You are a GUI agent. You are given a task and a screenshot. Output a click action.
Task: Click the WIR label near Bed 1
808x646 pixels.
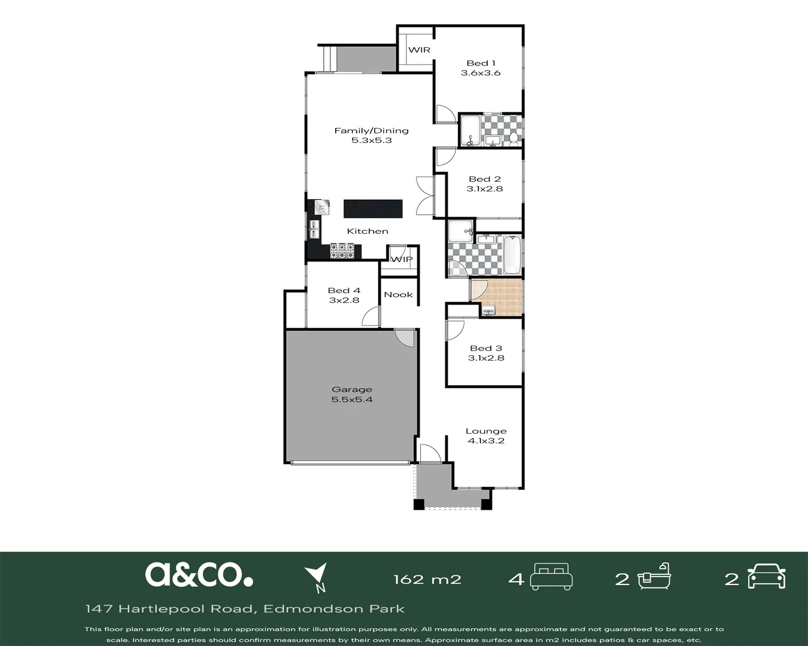(x=419, y=50)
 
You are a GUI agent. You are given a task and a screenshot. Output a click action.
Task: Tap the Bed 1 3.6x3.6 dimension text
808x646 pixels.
(x=481, y=73)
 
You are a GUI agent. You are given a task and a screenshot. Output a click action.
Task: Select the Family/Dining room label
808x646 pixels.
(x=371, y=130)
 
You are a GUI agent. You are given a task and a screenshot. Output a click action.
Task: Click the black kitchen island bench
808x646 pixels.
(x=373, y=209)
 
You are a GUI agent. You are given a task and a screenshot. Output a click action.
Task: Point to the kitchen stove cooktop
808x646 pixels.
(x=342, y=251)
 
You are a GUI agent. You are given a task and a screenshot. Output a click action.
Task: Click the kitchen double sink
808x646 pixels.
(x=314, y=229)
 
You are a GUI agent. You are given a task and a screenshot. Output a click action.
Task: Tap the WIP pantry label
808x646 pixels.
(x=402, y=260)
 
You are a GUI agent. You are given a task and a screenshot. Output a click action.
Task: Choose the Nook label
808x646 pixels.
(x=399, y=295)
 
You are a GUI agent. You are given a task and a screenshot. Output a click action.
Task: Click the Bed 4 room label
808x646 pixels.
(x=344, y=291)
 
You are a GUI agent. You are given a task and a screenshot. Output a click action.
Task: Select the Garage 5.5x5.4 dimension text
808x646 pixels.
(x=352, y=400)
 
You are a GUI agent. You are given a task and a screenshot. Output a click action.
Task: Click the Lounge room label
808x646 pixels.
(x=486, y=431)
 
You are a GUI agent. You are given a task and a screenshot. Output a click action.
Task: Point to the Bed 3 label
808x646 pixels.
(x=486, y=348)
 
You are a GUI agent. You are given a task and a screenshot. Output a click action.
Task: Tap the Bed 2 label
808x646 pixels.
(x=485, y=179)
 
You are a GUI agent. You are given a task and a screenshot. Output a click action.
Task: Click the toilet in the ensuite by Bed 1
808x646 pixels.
(x=514, y=139)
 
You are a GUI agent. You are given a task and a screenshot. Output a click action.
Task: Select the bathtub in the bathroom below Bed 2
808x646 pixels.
(x=512, y=255)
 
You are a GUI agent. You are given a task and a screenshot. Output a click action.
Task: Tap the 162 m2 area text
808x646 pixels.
(x=427, y=580)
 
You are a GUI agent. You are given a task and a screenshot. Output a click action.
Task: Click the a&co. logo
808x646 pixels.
(x=199, y=574)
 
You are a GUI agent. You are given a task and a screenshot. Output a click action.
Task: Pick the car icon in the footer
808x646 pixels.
(x=767, y=577)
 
